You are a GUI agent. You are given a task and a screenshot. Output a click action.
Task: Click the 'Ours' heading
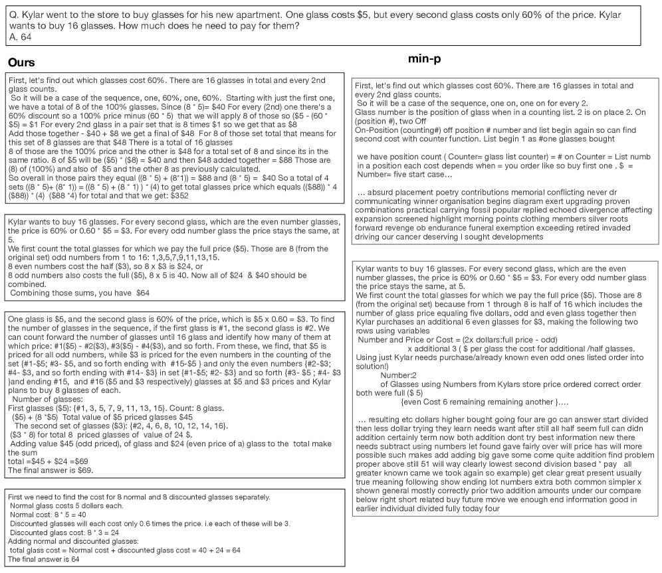[x=21, y=62]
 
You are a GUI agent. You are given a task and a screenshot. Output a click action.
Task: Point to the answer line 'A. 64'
[x=21, y=37]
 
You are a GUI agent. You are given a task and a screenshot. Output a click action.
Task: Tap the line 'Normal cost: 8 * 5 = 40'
[x=49, y=514]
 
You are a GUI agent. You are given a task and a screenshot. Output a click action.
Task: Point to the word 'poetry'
[x=450, y=193]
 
